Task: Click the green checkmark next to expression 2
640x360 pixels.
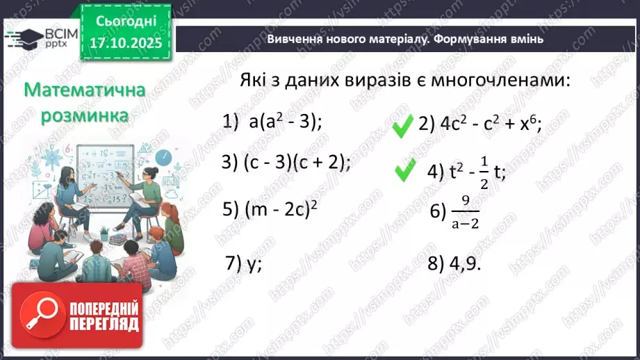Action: (x=402, y=126)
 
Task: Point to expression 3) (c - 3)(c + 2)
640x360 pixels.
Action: (x=286, y=162)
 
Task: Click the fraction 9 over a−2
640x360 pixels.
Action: (x=466, y=212)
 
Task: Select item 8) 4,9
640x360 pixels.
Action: (x=455, y=264)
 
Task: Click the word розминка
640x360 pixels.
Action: (x=83, y=115)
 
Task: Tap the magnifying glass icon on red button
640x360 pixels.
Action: (x=39, y=315)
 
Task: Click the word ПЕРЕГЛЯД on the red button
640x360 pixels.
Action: (x=104, y=324)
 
